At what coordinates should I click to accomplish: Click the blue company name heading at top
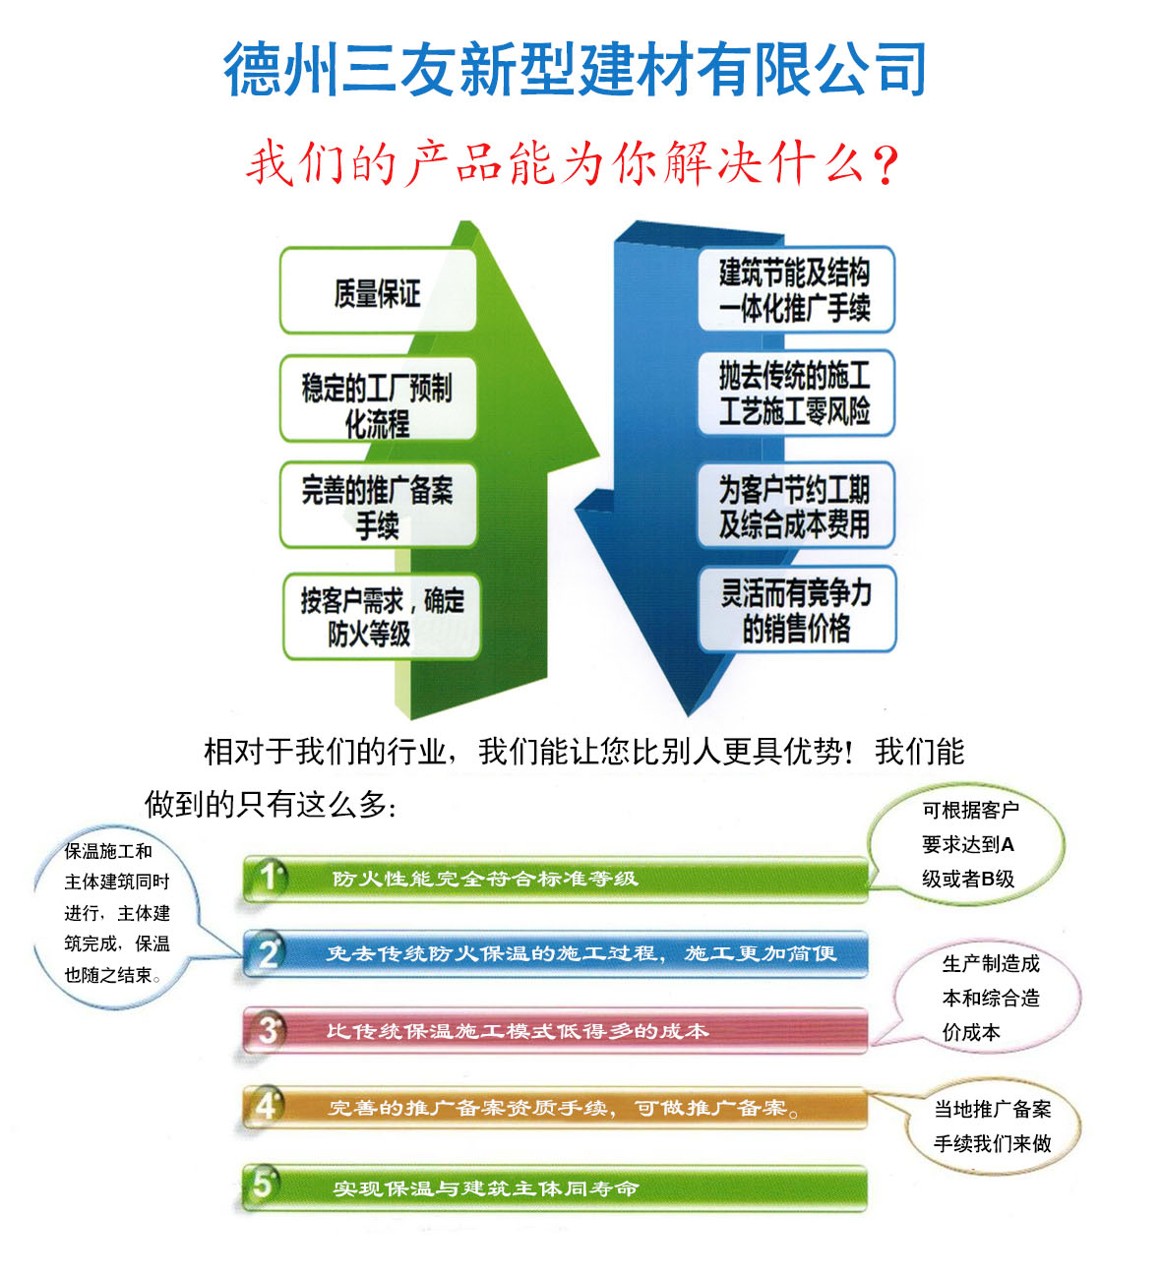(x=575, y=69)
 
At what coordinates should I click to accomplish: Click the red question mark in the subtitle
(x=886, y=165)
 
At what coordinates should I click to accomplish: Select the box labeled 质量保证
(x=378, y=290)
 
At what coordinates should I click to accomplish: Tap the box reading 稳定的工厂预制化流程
(x=378, y=397)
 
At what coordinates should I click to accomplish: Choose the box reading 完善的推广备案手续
(x=378, y=505)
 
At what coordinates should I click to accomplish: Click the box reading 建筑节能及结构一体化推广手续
(x=796, y=289)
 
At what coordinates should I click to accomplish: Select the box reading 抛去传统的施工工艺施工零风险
(x=796, y=393)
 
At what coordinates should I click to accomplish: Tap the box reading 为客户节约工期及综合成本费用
(x=796, y=505)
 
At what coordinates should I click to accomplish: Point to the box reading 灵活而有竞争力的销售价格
(x=797, y=609)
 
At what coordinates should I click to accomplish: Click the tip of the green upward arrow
(x=467, y=222)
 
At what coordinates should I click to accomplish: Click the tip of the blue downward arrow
(x=688, y=714)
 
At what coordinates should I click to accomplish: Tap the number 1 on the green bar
(x=269, y=877)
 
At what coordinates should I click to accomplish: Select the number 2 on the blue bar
(x=269, y=953)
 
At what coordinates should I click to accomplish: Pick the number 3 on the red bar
(x=269, y=1030)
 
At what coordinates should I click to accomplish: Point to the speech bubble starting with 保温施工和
(x=116, y=917)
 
